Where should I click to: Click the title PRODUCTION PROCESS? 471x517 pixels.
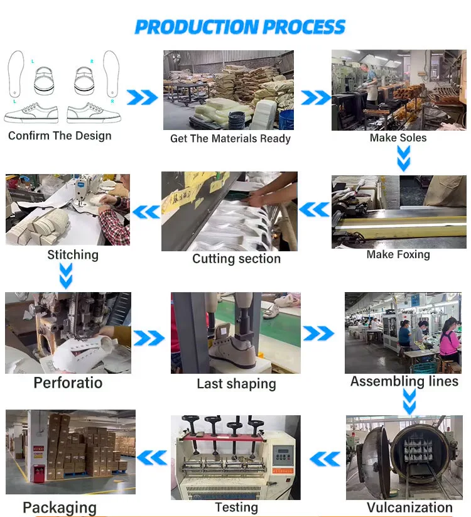point(240,27)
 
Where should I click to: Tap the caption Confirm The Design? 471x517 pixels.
point(60,136)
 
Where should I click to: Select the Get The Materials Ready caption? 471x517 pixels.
point(230,138)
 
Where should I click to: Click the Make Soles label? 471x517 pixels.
point(398,138)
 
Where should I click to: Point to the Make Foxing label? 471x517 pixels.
point(398,254)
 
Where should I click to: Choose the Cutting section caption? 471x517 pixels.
point(236,259)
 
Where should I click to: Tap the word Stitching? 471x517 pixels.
point(73,254)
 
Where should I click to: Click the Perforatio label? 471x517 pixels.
point(68,383)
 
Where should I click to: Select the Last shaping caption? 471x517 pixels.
point(236,384)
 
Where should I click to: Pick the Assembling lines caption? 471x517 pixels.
point(404,381)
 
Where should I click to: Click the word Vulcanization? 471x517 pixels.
point(409,507)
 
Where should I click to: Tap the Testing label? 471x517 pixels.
point(236,507)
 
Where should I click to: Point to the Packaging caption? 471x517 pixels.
point(60,508)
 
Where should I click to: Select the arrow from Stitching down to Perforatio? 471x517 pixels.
point(66,275)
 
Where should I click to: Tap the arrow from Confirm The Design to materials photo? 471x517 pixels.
point(143,97)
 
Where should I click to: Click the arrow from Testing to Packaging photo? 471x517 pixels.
point(152,457)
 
